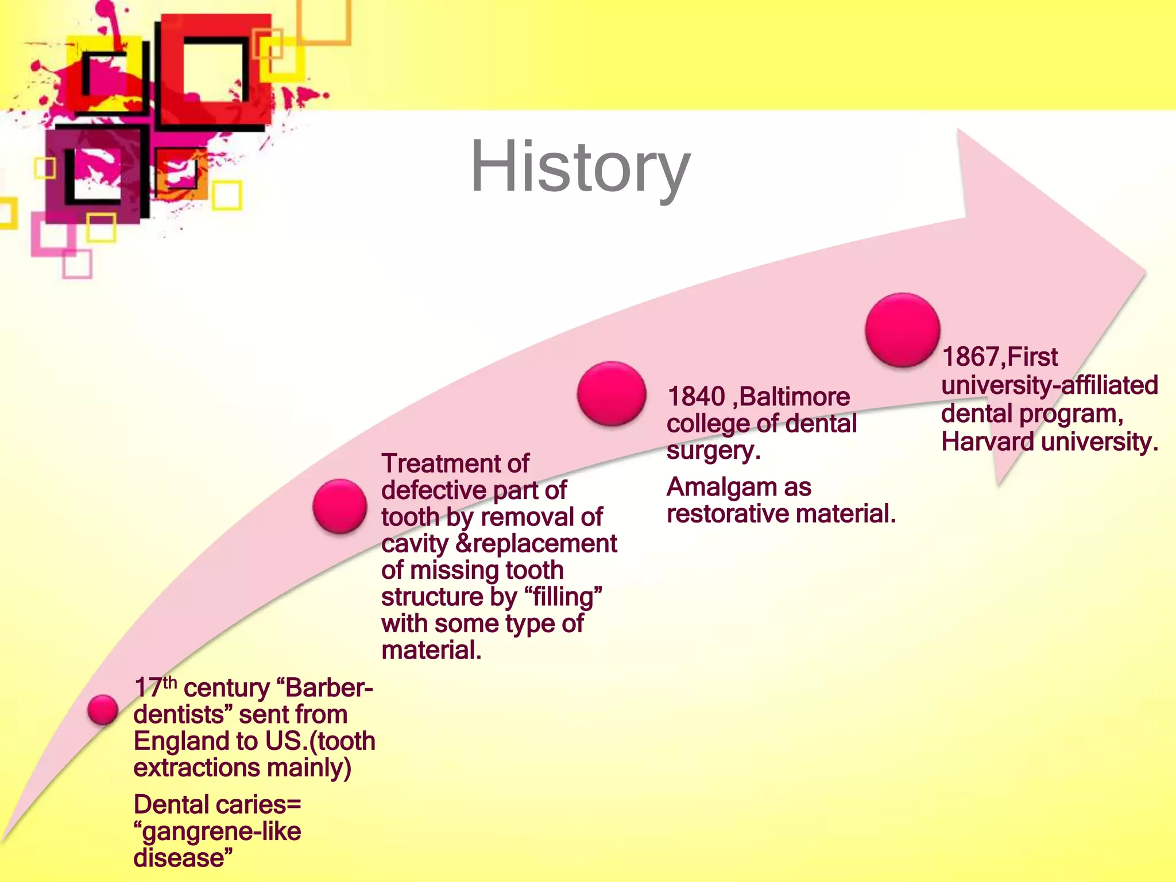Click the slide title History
[580, 168]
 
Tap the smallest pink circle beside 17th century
[103, 710]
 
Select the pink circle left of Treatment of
[340, 506]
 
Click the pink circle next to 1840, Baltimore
[612, 394]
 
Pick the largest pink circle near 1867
[902, 330]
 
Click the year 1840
[696, 397]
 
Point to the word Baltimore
[795, 397]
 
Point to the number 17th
[155, 687]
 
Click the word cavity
[415, 544]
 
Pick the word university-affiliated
[1049, 385]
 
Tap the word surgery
[713, 451]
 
